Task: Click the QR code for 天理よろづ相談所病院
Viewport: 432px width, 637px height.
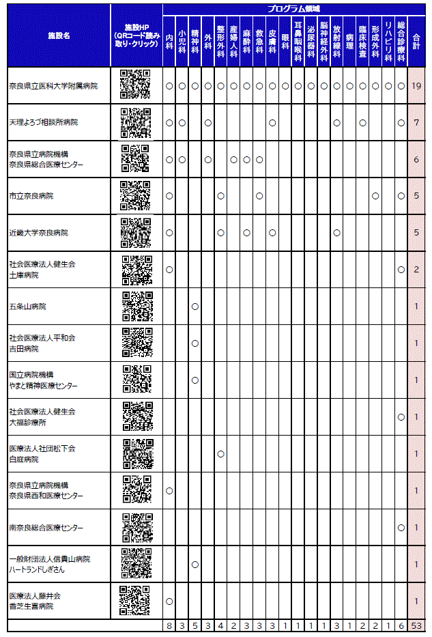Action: click(136, 123)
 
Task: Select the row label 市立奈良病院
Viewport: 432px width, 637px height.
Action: click(31, 196)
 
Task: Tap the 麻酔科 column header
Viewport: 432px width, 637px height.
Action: click(246, 40)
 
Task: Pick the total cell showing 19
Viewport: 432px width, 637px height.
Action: click(416, 86)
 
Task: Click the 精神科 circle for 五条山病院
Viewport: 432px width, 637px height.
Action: click(195, 306)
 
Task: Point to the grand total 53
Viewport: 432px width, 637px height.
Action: click(416, 625)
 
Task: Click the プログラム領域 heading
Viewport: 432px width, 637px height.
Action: click(293, 8)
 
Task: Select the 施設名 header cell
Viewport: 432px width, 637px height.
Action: click(59, 35)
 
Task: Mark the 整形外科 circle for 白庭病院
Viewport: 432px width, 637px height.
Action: click(220, 453)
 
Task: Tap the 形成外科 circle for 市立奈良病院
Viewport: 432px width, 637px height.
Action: click(375, 196)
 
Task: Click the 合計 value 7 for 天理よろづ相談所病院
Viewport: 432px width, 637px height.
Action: click(416, 123)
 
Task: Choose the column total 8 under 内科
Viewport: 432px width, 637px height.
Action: click(169, 625)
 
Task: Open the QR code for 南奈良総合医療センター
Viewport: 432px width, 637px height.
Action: click(136, 528)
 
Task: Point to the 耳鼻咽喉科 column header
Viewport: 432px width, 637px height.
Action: click(298, 40)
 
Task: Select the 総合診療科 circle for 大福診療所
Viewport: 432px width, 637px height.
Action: click(401, 416)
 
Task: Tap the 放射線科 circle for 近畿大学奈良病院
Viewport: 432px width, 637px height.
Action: click(336, 233)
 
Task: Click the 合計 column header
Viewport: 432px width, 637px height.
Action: click(416, 40)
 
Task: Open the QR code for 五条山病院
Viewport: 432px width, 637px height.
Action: click(136, 307)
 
